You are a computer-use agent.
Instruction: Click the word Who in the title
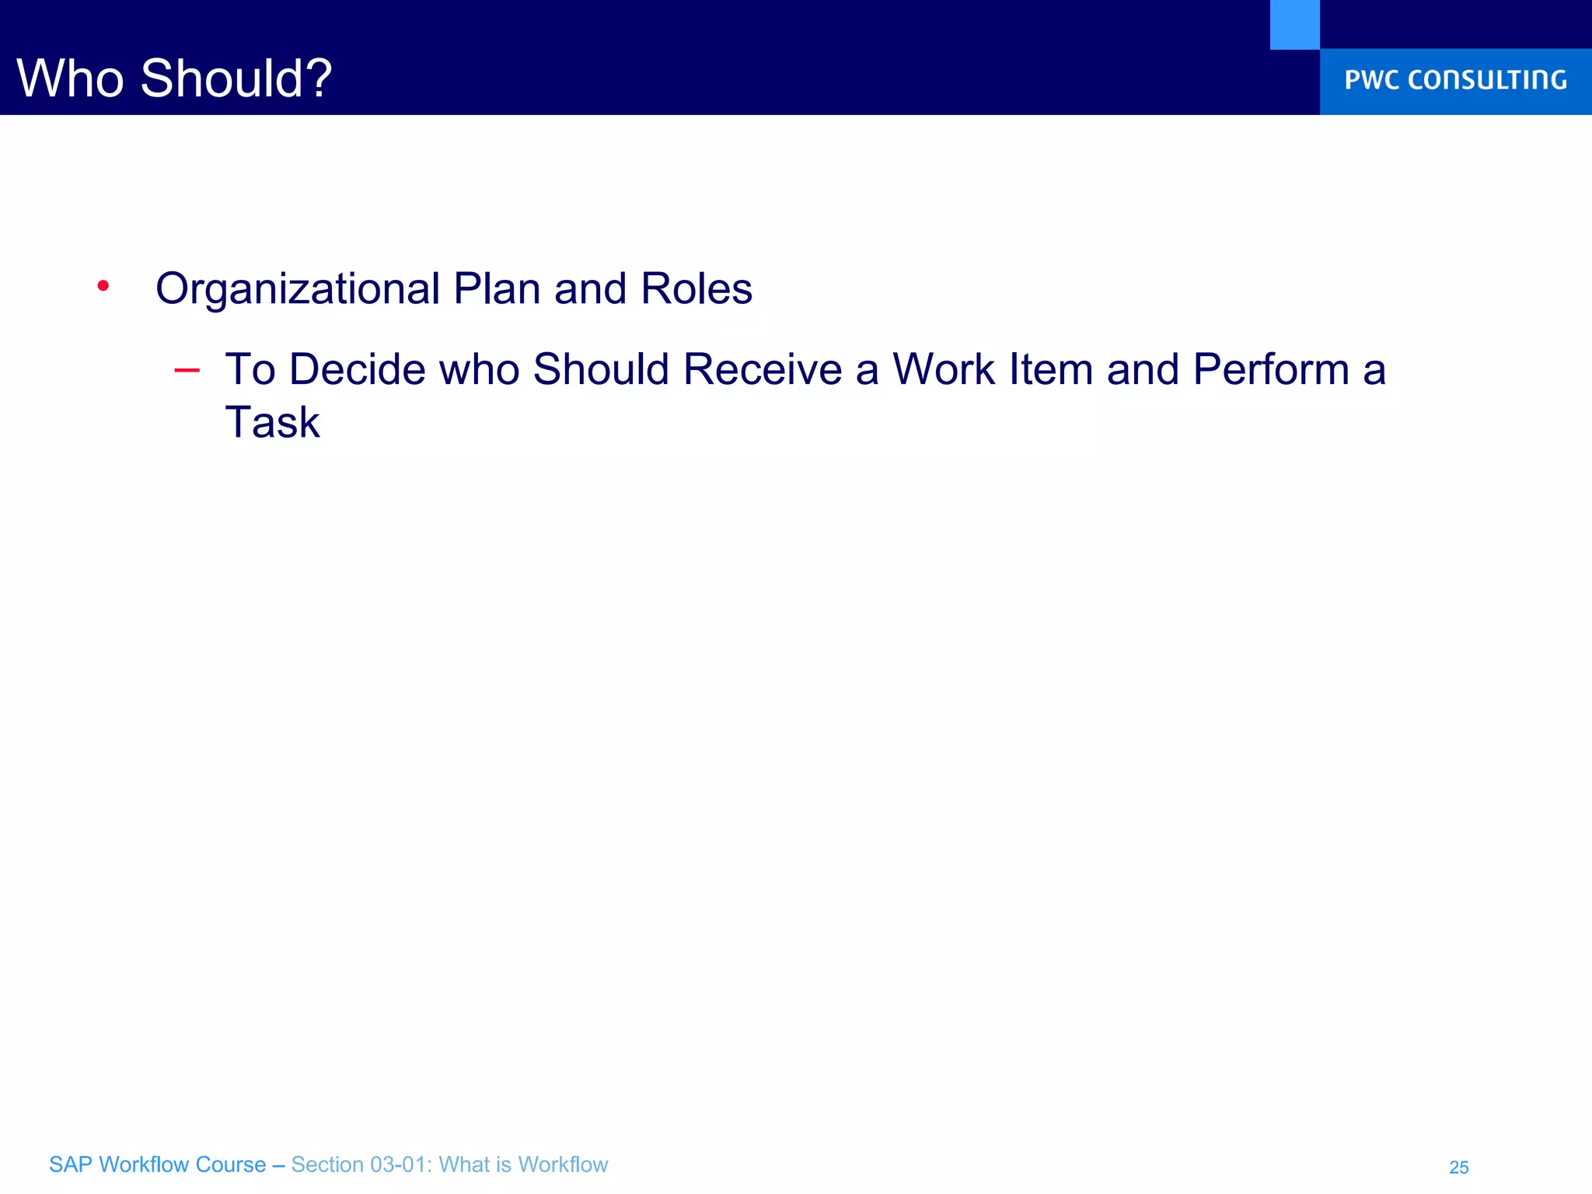tap(70, 79)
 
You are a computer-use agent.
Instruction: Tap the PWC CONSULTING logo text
tap(1455, 80)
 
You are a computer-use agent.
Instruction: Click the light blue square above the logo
tap(1294, 24)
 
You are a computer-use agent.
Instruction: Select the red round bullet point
tap(103, 287)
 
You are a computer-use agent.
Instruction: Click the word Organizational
tap(298, 289)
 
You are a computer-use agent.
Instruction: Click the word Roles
tap(696, 289)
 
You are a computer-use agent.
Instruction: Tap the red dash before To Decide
tap(187, 371)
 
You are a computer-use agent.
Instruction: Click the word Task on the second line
tap(272, 423)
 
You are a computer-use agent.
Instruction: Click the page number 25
tap(1459, 1168)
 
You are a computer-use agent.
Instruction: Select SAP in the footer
tap(71, 1164)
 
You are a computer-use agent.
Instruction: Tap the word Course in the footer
tap(231, 1164)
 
